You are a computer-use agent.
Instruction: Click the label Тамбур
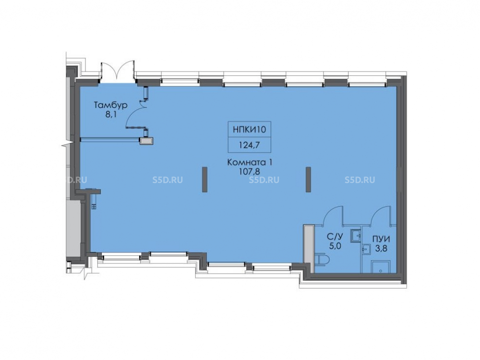[110, 106]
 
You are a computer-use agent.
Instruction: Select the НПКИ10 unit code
[250, 130]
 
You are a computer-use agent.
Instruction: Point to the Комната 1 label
[250, 163]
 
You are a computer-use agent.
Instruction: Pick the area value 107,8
[250, 172]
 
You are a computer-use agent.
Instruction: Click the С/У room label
[334, 237]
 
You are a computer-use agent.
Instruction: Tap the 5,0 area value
[334, 246]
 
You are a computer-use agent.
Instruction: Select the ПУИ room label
[381, 239]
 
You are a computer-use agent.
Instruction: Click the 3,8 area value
[381, 248]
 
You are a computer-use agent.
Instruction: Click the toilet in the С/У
[323, 260]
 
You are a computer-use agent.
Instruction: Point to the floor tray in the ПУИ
[381, 267]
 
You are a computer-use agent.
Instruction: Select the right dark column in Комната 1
[308, 180]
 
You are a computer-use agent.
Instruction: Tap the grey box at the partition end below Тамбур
[146, 141]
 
